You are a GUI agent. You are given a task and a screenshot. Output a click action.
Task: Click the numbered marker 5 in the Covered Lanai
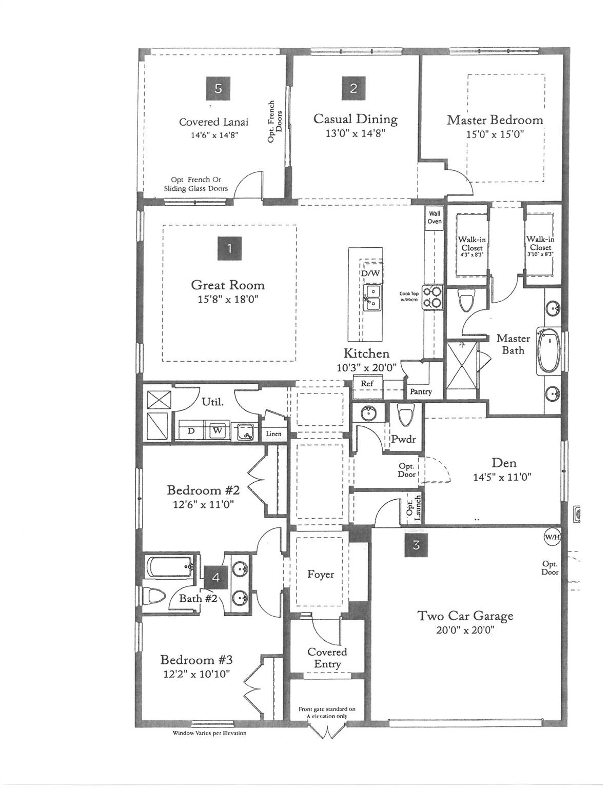coord(218,88)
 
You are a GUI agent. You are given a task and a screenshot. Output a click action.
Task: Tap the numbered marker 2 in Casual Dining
coord(353,88)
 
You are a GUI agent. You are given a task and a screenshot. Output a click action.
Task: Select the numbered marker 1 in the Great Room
coord(229,248)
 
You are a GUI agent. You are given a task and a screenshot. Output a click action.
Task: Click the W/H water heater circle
coord(552,536)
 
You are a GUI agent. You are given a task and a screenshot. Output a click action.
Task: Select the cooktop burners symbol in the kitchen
coord(433,297)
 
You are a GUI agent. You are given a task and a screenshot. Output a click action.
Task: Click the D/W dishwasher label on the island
coord(371,273)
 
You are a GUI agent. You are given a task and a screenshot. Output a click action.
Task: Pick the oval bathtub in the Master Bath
coord(549,350)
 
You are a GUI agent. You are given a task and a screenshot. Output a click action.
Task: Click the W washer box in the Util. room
coord(218,430)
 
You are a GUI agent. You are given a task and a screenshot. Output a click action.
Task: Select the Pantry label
coord(421,391)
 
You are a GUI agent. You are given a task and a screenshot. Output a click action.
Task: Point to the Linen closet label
coord(273,434)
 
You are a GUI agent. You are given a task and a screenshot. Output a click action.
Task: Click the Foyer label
coord(321,574)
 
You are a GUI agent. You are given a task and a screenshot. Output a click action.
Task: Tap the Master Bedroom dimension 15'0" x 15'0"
coord(495,134)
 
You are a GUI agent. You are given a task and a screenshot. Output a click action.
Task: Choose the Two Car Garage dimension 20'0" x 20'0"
coord(466,631)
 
